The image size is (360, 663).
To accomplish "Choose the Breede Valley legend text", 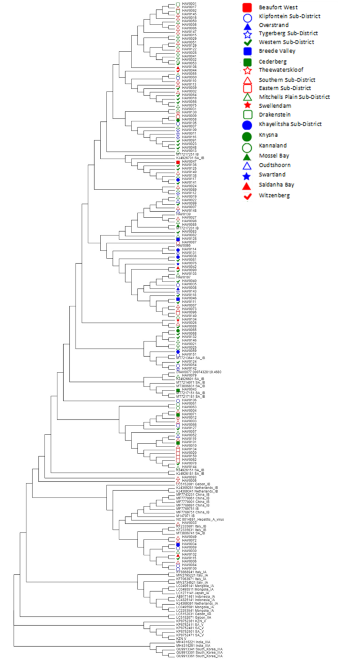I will pos(276,51).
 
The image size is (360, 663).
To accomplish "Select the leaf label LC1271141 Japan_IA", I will pos(194,593).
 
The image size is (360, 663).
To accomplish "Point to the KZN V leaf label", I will pos(182,638).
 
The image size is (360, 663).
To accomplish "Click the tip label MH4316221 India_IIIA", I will pos(194,641).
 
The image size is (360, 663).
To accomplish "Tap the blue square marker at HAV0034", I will pos(179,544).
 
